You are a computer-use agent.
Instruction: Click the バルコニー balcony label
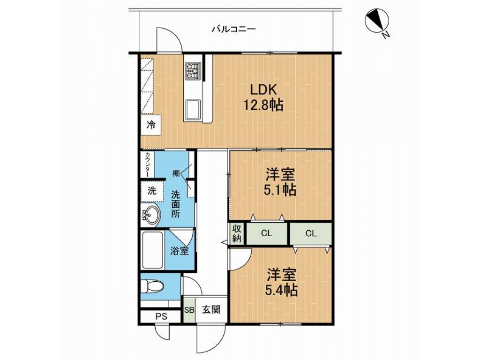pos(234,30)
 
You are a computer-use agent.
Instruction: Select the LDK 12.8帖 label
pos(263,97)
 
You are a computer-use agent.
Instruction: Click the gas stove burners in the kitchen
pos(193,71)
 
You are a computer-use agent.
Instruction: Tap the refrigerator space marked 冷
pos(151,125)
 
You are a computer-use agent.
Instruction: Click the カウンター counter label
pos(147,165)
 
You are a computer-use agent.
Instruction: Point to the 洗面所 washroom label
pos(175,204)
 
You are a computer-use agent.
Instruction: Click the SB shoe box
pos(189,309)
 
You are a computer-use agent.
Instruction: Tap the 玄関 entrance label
pos(211,309)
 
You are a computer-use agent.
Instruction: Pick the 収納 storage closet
pos(237,233)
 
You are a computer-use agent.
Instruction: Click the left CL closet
pos(267,233)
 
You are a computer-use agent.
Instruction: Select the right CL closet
pos(311,233)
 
